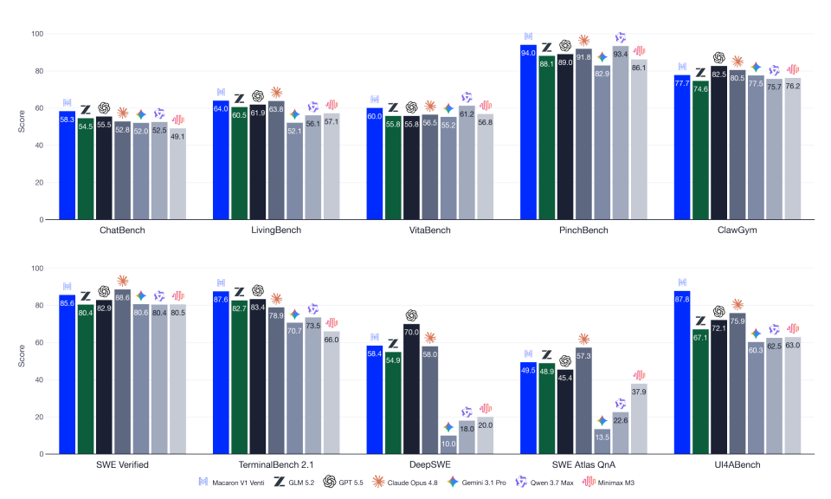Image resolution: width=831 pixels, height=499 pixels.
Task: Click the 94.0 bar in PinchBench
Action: tap(528, 132)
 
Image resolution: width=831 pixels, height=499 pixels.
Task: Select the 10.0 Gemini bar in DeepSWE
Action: tap(448, 445)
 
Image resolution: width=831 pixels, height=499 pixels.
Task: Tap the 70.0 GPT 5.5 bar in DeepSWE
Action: tap(411, 389)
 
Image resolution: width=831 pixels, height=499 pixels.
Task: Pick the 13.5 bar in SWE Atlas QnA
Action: tap(602, 442)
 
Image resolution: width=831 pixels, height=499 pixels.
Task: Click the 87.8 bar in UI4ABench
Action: tap(682, 373)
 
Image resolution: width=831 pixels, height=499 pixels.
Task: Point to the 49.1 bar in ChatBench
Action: tap(178, 174)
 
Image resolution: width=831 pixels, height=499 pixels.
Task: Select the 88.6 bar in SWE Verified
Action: tap(122, 372)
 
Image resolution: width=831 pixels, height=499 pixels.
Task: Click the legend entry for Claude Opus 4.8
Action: tap(405, 482)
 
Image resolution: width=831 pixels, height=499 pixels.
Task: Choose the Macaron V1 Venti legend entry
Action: tap(232, 482)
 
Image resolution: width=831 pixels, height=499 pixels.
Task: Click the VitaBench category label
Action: tap(430, 230)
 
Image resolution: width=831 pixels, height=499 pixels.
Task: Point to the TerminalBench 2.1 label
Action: tap(276, 464)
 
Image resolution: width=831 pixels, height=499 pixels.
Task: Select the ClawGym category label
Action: tap(738, 230)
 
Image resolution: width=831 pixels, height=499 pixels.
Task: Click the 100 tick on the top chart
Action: tap(37, 34)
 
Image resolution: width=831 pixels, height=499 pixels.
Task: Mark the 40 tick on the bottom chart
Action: tap(39, 379)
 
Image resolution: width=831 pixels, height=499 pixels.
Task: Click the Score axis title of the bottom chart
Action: tap(22, 356)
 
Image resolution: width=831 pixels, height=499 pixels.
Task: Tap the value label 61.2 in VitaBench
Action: tap(467, 114)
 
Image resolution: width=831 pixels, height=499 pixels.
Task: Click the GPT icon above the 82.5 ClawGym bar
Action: tap(718, 58)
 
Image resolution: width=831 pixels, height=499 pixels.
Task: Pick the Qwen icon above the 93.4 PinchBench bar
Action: tap(621, 37)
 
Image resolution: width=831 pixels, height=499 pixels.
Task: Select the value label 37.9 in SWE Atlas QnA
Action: tap(639, 392)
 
